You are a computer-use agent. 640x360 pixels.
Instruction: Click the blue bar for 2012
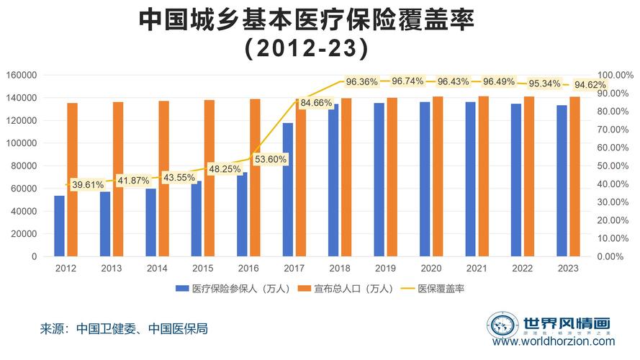(59, 226)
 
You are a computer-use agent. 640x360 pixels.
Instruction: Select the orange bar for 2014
(163, 179)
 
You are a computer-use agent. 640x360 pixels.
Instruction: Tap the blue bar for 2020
(425, 179)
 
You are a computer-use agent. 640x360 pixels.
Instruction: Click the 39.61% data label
(88, 185)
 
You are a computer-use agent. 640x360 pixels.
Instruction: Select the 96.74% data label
(407, 81)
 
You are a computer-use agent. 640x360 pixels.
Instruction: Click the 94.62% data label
(590, 85)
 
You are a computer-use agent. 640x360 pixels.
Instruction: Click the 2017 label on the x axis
(294, 268)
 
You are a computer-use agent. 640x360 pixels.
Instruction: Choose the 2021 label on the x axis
(477, 268)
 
